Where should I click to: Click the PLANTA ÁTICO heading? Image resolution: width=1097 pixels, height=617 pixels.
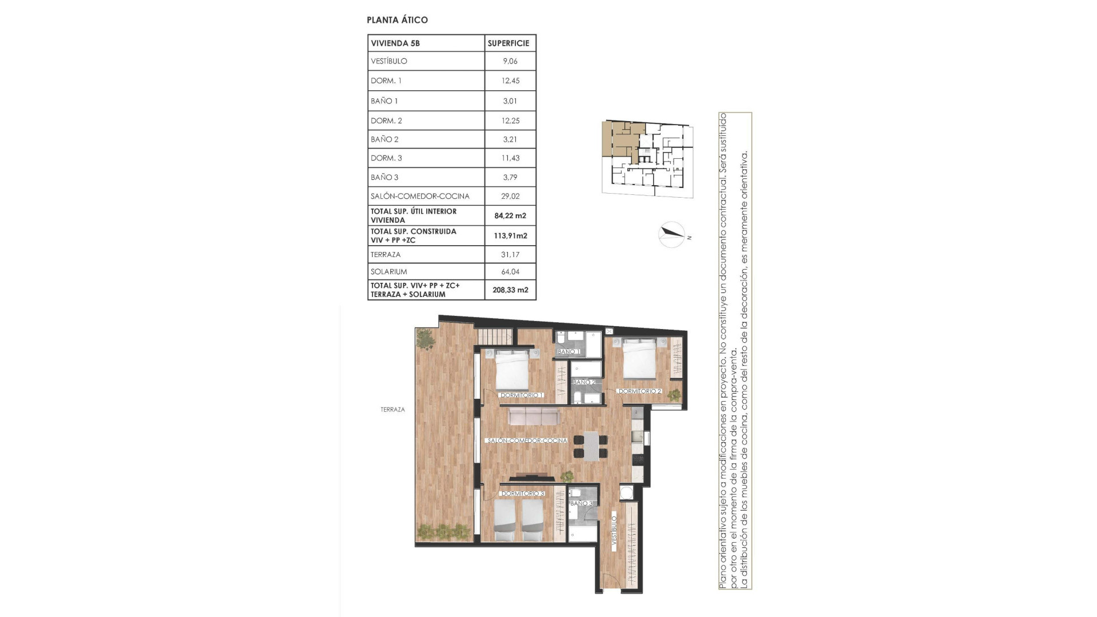coord(397,20)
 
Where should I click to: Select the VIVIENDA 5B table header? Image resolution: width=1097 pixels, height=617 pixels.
coord(395,43)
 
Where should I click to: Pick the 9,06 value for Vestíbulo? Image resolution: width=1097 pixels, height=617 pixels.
coord(510,61)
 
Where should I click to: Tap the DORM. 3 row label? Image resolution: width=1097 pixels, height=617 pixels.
coord(386,158)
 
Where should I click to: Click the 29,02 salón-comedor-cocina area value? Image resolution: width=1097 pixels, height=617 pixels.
coord(510,196)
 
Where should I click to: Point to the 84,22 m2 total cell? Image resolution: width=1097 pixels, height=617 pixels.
coord(510,216)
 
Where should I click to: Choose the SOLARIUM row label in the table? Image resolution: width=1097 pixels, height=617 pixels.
coord(389,272)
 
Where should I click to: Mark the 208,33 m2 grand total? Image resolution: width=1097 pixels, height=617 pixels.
coord(510,290)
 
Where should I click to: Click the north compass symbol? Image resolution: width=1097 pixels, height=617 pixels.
coord(672,234)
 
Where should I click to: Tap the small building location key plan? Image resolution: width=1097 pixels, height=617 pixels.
coord(647,159)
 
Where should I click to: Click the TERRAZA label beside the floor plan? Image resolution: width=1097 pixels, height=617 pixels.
coord(393,410)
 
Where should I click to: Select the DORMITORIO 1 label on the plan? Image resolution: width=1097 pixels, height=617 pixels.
coord(522,395)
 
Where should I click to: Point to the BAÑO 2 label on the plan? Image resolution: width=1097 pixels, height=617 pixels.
coord(584,382)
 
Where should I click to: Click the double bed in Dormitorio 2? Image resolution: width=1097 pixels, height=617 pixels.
coord(639,359)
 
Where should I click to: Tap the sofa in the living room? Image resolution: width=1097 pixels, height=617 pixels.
coord(534,416)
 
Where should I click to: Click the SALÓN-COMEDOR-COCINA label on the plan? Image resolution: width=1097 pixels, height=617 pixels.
coord(527,440)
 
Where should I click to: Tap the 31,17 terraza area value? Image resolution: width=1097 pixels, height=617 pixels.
coord(510,255)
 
